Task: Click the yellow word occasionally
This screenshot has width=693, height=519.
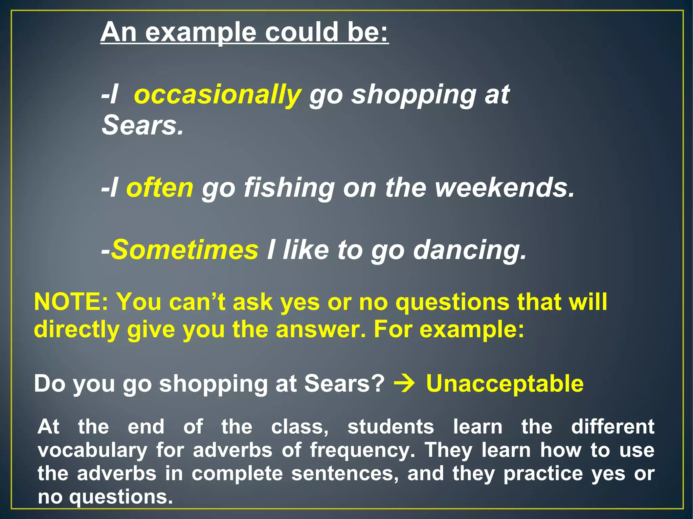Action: [x=217, y=95]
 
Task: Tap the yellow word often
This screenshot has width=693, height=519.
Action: [x=160, y=188]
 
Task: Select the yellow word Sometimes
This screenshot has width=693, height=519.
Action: [x=185, y=250]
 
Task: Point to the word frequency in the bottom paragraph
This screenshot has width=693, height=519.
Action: [x=362, y=451]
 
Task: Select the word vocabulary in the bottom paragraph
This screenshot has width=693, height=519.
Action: [x=92, y=451]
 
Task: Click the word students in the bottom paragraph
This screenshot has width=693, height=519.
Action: [x=391, y=427]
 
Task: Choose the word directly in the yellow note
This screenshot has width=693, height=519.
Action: [x=77, y=329]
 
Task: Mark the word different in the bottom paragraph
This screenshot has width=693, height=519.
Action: [x=612, y=427]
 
